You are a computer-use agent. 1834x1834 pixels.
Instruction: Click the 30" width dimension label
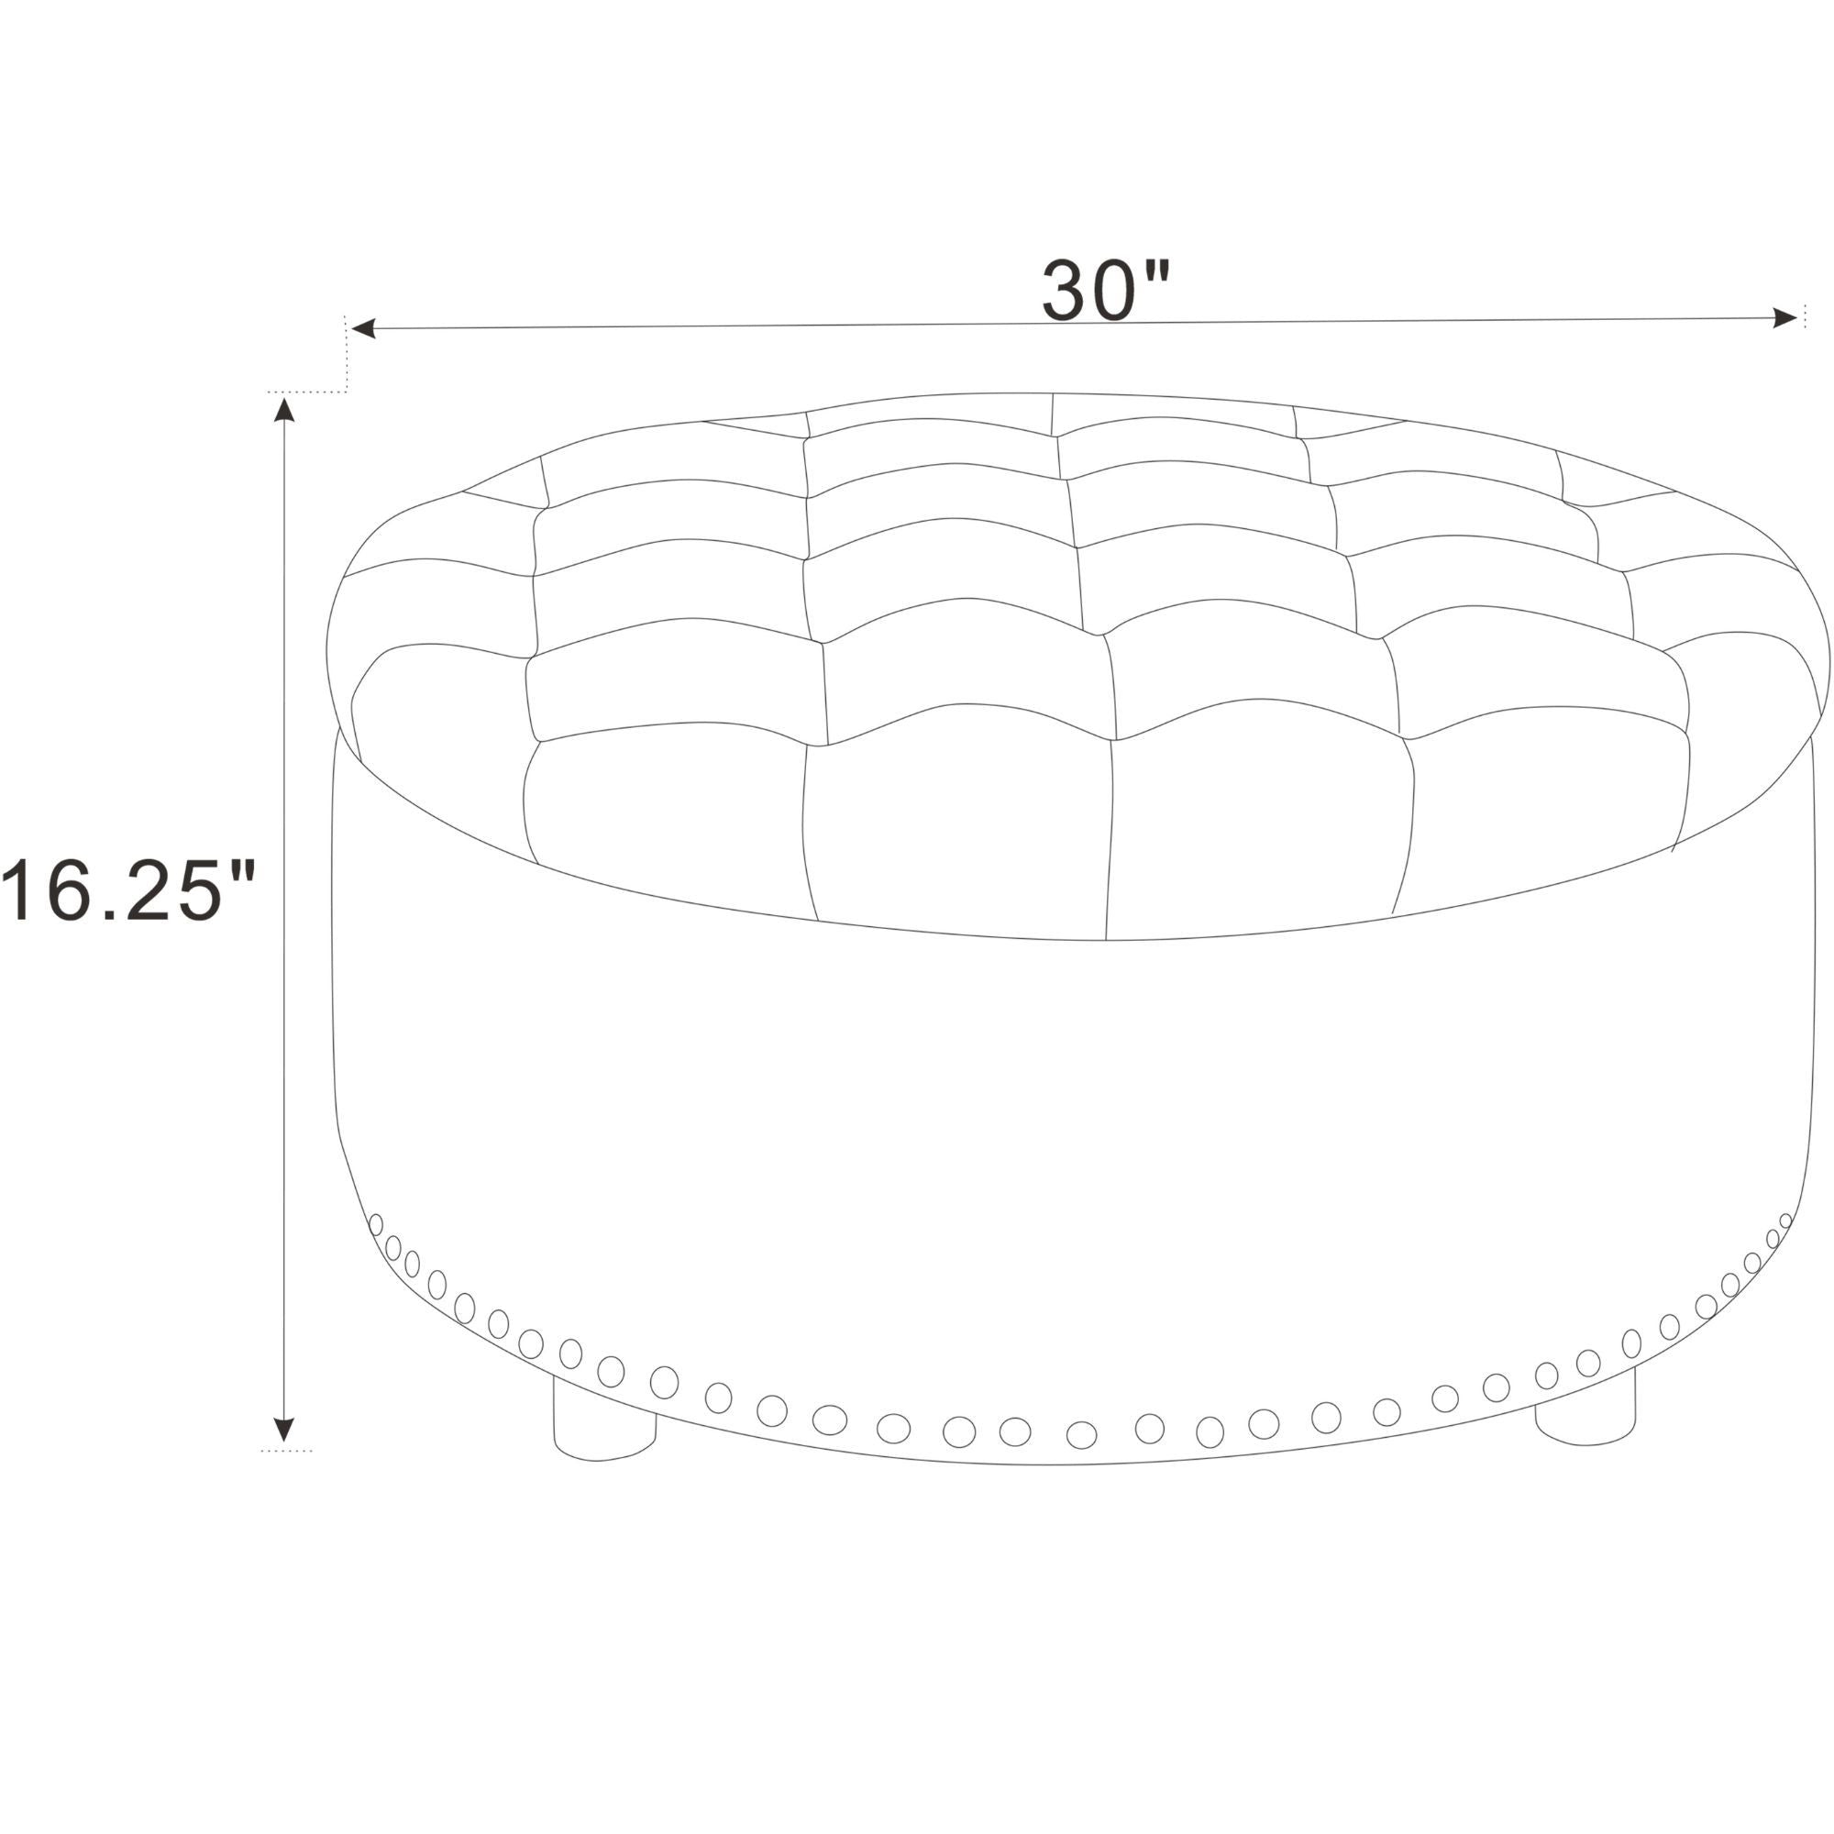pyautogui.click(x=1107, y=290)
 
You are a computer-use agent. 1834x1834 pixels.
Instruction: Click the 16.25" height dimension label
pyautogui.click(x=128, y=889)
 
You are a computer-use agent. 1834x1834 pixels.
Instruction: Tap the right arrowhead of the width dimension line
pyautogui.click(x=1784, y=318)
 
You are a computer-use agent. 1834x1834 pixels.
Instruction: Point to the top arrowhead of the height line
pyautogui.click(x=282, y=409)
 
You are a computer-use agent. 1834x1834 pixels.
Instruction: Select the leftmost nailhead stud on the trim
pyautogui.click(x=376, y=1224)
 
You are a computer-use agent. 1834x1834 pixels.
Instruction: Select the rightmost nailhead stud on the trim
pyautogui.click(x=1785, y=1221)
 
